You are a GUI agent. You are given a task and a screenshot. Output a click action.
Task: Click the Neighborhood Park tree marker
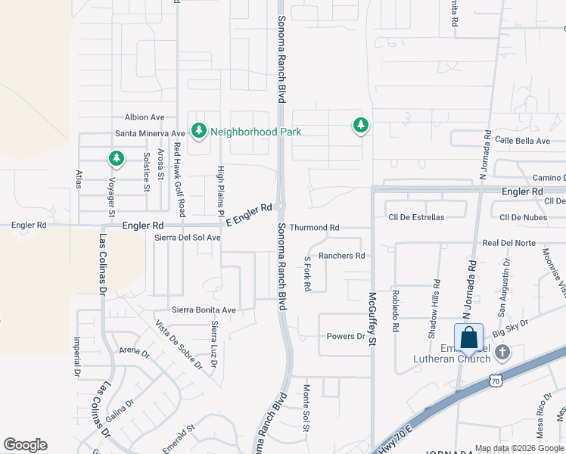pos(199,131)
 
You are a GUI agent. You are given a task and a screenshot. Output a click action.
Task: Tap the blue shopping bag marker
pos(468,337)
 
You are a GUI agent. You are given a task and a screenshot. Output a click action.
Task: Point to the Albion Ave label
pos(145,117)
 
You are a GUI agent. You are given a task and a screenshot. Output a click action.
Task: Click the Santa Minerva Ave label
pos(150,133)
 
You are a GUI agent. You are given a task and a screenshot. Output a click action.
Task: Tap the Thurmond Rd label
pos(314,227)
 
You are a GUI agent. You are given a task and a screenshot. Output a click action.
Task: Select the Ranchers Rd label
pos(341,256)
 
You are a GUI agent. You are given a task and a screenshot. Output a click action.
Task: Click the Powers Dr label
pos(346,336)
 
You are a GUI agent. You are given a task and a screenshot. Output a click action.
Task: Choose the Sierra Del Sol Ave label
pos(187,238)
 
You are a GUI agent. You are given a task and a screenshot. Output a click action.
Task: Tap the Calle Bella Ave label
pos(522,141)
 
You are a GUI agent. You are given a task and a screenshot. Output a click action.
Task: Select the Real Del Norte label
pos(508,243)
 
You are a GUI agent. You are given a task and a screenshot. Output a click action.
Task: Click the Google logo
pos(25,445)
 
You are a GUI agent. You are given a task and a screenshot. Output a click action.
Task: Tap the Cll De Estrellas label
pos(416,217)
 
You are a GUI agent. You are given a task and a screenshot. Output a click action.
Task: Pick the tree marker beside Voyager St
pos(116,158)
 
